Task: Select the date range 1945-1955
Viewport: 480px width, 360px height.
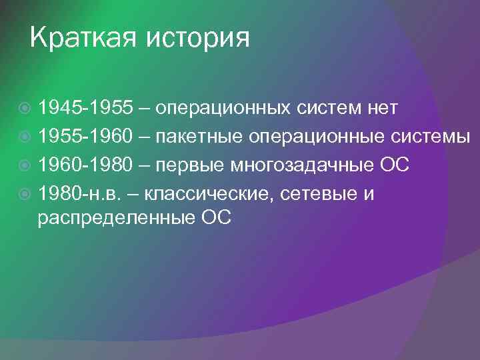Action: (x=85, y=107)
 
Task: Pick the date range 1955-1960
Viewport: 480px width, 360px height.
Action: (x=85, y=136)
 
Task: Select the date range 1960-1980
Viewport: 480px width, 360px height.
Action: (x=85, y=165)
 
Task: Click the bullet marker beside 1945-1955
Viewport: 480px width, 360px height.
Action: (x=25, y=107)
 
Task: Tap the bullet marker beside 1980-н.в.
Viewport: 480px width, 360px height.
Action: (x=25, y=195)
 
